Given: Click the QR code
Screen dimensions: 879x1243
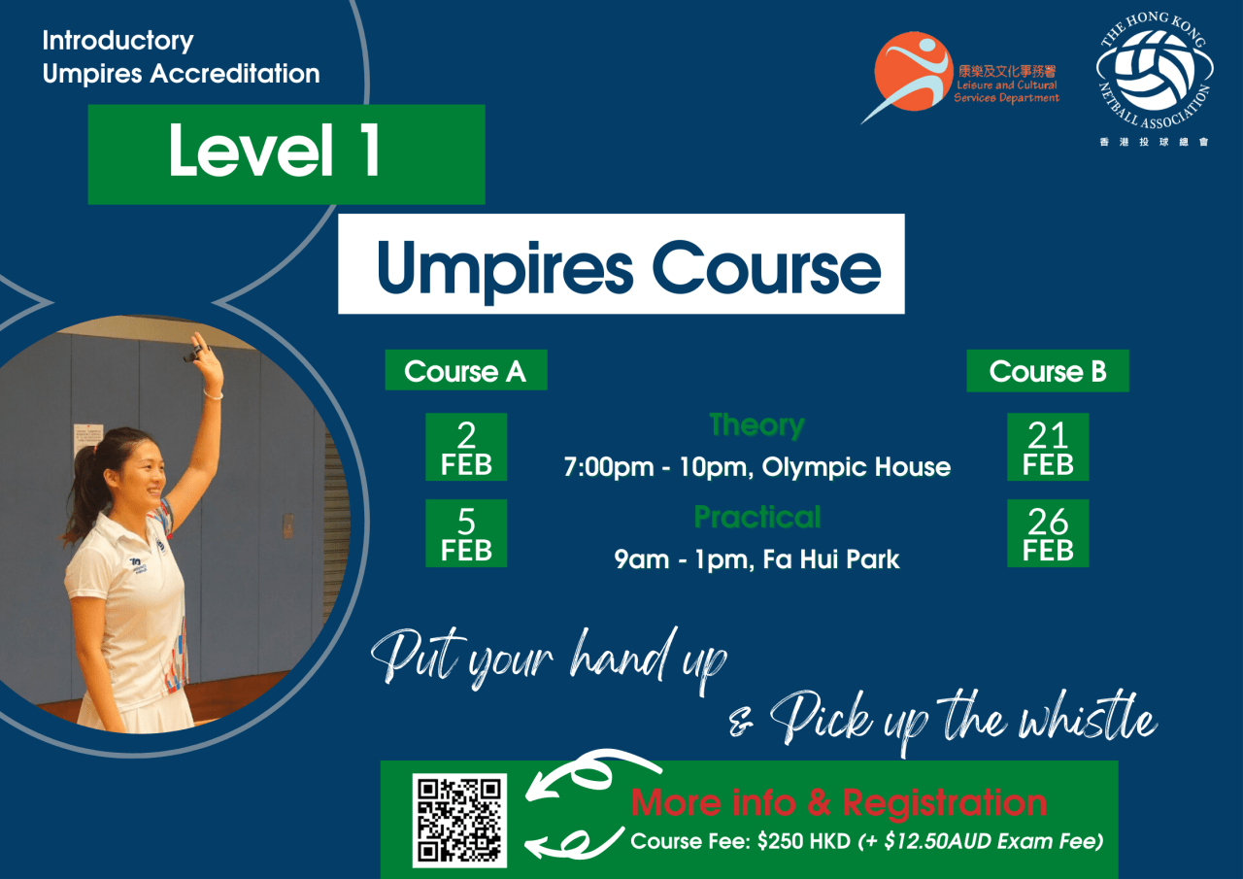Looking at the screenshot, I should pyautogui.click(x=459, y=819).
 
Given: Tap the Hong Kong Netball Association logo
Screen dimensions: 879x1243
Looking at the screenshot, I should pyautogui.click(x=1154, y=77).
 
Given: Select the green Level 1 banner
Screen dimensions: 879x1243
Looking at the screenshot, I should pyautogui.click(x=286, y=153).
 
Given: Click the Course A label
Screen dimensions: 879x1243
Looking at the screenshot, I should pyautogui.click(x=465, y=371).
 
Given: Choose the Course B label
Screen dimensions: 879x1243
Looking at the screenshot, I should pyautogui.click(x=1047, y=371).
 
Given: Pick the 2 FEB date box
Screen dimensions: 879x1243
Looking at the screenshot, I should pyautogui.click(x=466, y=447).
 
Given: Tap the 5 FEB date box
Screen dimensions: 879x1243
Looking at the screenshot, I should pyautogui.click(x=466, y=533).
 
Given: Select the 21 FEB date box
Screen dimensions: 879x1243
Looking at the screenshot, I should pyautogui.click(x=1047, y=447).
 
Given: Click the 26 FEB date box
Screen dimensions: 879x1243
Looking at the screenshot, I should pyautogui.click(x=1047, y=533).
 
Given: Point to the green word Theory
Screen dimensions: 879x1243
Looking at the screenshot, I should pyautogui.click(x=756, y=425).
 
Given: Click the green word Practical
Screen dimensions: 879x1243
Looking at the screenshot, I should pyautogui.click(x=756, y=517).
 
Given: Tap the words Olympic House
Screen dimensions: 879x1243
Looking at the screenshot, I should pyautogui.click(x=856, y=467).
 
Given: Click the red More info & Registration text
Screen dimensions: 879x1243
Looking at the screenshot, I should pyautogui.click(x=839, y=803).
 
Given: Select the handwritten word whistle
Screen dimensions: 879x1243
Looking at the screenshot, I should pyautogui.click(x=1092, y=720).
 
